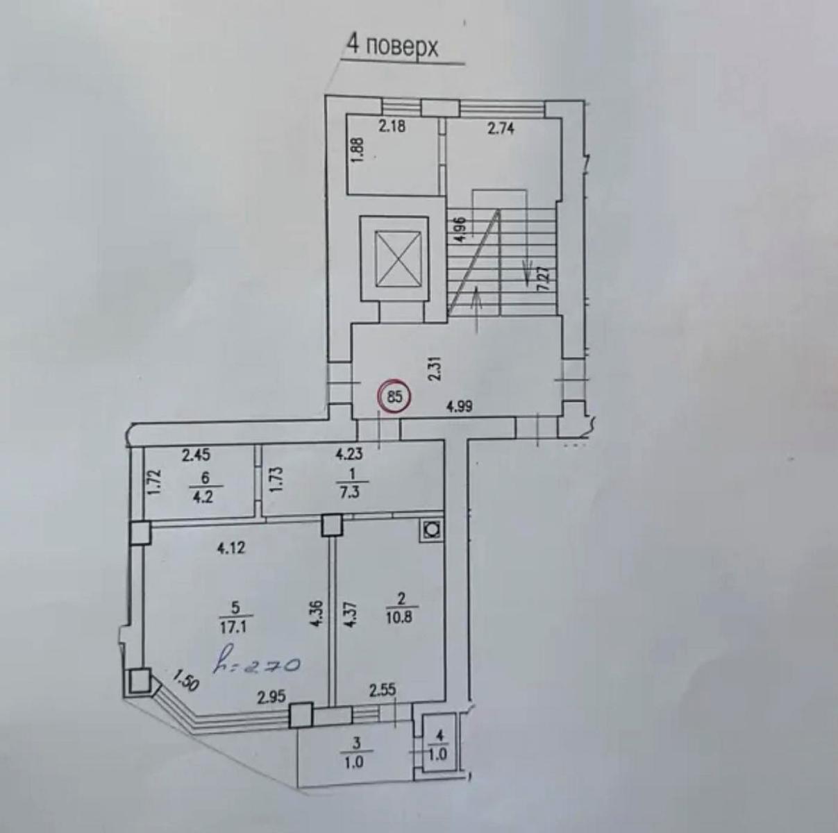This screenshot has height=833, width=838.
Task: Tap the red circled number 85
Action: [394, 396]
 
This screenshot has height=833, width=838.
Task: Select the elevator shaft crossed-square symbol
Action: [399, 259]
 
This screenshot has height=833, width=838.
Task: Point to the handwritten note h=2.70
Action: [257, 665]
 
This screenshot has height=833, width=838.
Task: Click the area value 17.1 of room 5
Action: [235, 628]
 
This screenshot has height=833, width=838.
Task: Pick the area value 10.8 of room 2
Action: [402, 618]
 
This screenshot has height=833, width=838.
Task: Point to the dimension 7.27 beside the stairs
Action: [546, 278]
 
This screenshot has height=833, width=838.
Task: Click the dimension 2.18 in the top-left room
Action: [392, 126]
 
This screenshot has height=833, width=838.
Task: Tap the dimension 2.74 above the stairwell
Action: [501, 128]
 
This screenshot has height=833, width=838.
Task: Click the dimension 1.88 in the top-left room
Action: [360, 151]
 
